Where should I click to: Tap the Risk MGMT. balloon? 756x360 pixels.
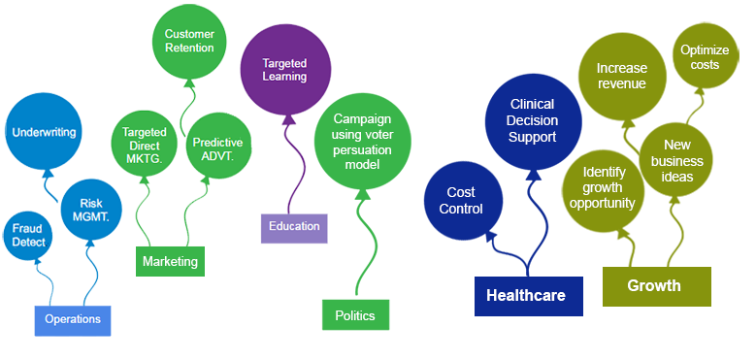point(89,208)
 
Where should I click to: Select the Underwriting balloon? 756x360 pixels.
point(44,132)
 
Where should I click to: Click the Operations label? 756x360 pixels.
point(73,318)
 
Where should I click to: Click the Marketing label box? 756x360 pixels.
point(170,262)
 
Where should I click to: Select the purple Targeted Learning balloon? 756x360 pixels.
point(284,69)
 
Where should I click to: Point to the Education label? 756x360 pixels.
point(294,226)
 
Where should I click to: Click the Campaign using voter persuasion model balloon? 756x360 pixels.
point(362,141)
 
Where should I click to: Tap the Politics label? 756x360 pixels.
point(354,315)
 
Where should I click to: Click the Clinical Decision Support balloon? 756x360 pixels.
point(533,120)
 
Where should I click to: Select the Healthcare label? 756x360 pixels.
point(525,295)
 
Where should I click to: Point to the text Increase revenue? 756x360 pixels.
point(621,76)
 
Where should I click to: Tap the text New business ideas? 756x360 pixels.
point(676,160)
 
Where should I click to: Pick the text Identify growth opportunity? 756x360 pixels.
point(603,187)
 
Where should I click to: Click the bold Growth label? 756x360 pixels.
point(653,285)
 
